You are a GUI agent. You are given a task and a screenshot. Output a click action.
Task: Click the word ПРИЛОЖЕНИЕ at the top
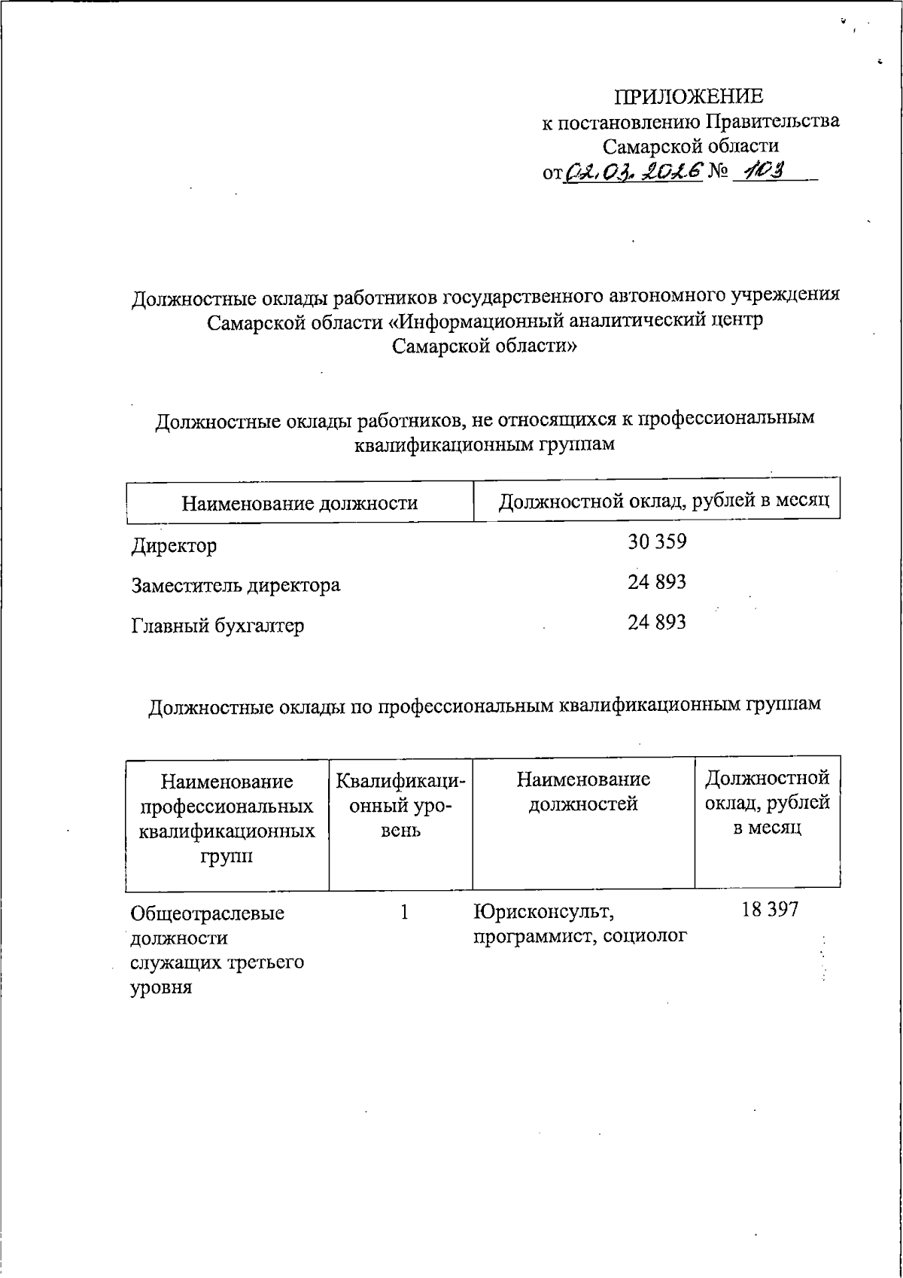click(689, 97)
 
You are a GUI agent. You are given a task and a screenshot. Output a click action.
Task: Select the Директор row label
click(174, 545)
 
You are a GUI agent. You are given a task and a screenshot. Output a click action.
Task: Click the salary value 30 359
click(657, 541)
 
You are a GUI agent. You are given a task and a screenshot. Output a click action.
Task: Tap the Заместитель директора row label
click(236, 585)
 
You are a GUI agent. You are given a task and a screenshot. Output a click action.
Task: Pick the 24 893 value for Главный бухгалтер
click(657, 623)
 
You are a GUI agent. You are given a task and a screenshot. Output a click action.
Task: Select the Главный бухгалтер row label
click(217, 626)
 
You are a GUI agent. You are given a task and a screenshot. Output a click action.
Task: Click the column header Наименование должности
click(299, 503)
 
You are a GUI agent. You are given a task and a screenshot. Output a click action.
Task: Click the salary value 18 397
click(769, 910)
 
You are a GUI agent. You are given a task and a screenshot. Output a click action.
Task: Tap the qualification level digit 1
click(404, 912)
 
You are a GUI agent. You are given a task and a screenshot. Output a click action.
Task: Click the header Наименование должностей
click(583, 792)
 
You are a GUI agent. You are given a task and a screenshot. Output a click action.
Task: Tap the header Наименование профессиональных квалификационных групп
click(227, 819)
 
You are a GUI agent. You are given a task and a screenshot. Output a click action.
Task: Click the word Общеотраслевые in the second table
click(207, 914)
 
